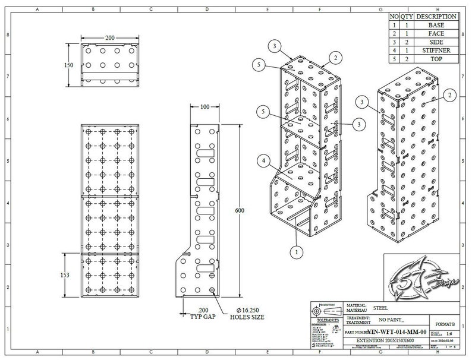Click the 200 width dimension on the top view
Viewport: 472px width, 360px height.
click(110, 37)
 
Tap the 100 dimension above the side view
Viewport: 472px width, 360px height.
click(204, 107)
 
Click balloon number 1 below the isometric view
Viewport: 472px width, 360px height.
click(294, 252)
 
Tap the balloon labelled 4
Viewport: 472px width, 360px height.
click(263, 159)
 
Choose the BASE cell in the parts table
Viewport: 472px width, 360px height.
click(436, 26)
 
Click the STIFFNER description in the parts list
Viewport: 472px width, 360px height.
click(436, 50)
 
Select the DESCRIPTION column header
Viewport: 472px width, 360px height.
click(436, 17)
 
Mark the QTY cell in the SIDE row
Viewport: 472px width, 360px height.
click(405, 42)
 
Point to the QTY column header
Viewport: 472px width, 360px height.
click(405, 17)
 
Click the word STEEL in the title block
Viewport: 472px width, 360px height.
click(380, 308)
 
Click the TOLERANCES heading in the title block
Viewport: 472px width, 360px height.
click(326, 320)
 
